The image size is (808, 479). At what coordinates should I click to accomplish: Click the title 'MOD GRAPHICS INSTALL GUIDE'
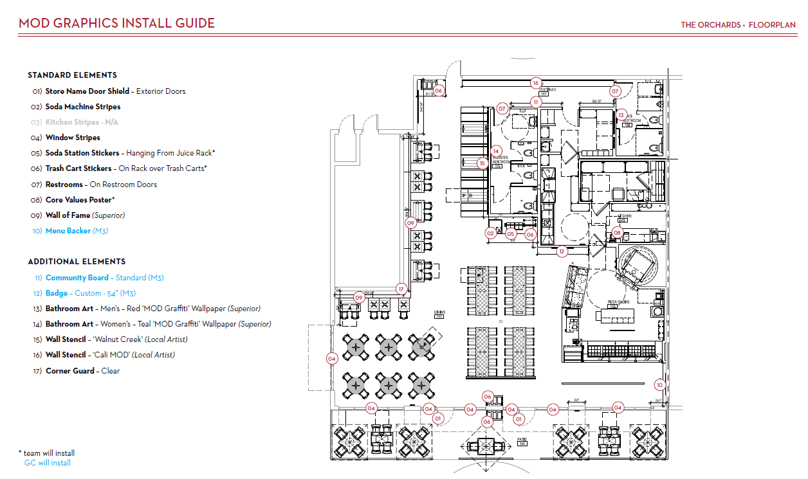pyautogui.click(x=116, y=24)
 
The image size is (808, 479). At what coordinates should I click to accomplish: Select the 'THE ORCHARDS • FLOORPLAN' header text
pyautogui.click(x=738, y=25)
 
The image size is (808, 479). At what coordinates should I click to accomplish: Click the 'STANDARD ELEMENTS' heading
pyautogui.click(x=72, y=75)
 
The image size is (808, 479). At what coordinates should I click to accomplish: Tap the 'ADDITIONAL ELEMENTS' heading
pyautogui.click(x=77, y=262)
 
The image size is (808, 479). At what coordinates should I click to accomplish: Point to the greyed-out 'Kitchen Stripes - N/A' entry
pyautogui.click(x=72, y=122)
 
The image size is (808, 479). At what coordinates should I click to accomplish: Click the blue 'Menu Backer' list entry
pyautogui.click(x=76, y=231)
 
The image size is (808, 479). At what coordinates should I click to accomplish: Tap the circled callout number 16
pyautogui.click(x=535, y=83)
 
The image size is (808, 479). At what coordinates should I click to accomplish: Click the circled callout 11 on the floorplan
pyautogui.click(x=536, y=102)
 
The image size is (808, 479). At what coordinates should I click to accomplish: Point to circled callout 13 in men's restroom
pyautogui.click(x=621, y=115)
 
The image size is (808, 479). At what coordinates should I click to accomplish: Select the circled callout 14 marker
pyautogui.click(x=496, y=151)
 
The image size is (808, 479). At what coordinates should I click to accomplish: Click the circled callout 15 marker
pyautogui.click(x=482, y=163)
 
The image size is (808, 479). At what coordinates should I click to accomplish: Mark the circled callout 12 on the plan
pyautogui.click(x=562, y=251)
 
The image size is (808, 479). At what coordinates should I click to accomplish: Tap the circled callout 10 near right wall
pyautogui.click(x=659, y=385)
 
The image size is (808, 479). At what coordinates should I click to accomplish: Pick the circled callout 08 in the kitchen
pyautogui.click(x=618, y=233)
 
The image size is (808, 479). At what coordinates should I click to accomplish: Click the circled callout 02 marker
pyautogui.click(x=490, y=233)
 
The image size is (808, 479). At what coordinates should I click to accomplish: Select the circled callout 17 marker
pyautogui.click(x=401, y=289)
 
